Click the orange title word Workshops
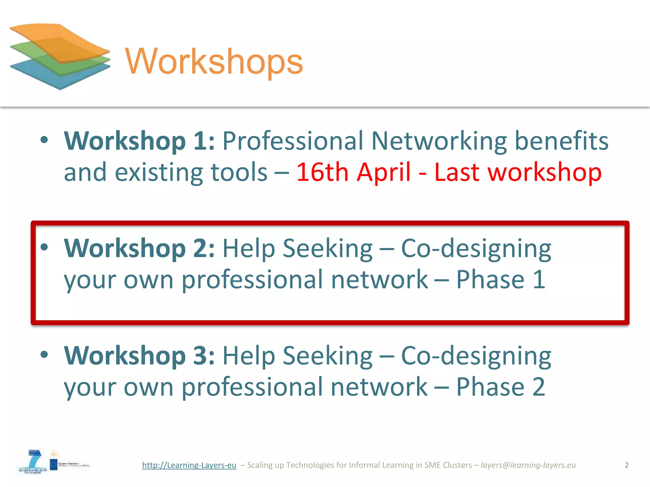tap(214, 61)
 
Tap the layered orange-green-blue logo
tap(60, 56)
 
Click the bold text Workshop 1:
tap(139, 141)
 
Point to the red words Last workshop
tap(518, 172)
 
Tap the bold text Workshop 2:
tap(139, 248)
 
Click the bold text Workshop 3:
tap(139, 356)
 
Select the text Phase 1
tap(501, 280)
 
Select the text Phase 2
tap(501, 387)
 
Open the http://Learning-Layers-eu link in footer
tap(189, 465)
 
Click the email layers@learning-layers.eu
tap(528, 465)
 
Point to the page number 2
tap(627, 465)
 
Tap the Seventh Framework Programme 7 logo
tap(33, 462)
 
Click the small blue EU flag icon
tap(54, 465)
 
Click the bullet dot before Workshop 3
tap(44, 354)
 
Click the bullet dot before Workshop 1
tap(44, 140)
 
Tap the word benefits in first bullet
tap(561, 141)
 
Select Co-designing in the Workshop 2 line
tap(476, 249)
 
